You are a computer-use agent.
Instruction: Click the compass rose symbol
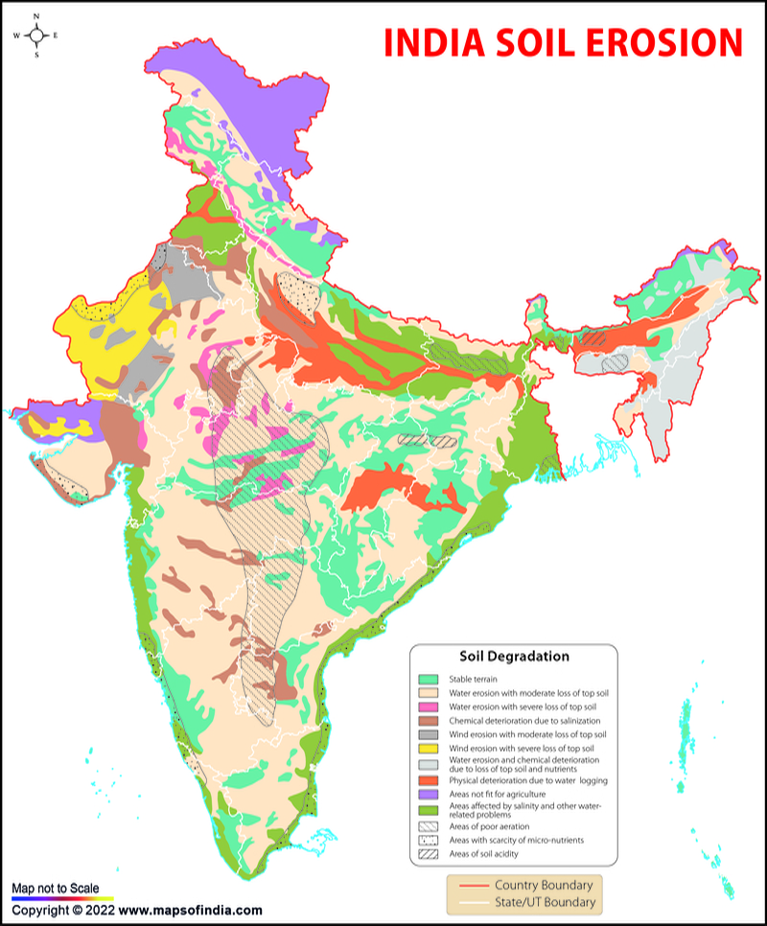(x=36, y=35)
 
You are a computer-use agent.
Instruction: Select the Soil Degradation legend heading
(x=514, y=657)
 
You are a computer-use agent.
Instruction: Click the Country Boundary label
(x=543, y=885)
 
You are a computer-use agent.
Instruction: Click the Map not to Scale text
(x=56, y=890)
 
